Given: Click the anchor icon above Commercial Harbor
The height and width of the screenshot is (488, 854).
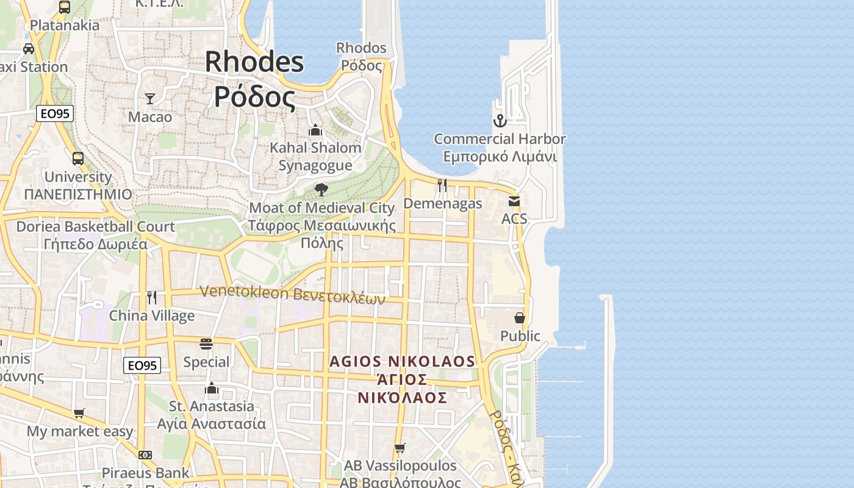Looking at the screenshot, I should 500,120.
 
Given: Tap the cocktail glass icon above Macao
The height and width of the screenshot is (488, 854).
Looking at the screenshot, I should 150,98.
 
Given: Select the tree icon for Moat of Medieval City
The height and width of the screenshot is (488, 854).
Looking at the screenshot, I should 321,190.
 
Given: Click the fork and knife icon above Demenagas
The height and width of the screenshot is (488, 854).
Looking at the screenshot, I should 442,185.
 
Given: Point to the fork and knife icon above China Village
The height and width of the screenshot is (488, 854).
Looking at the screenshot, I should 152,297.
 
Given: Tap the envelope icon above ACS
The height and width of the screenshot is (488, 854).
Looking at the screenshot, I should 514,201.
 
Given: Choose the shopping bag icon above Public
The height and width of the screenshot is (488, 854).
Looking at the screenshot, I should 520,318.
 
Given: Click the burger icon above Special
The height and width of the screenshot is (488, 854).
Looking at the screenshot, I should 206,344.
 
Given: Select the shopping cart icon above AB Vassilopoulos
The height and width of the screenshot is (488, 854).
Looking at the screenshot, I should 400,448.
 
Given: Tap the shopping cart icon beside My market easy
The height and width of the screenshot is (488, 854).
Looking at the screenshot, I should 79,414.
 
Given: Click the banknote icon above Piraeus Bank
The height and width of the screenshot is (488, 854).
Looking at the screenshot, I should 145,455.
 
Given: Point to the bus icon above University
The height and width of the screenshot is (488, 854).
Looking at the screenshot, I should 78,159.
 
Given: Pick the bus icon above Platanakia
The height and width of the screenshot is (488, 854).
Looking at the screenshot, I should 65,7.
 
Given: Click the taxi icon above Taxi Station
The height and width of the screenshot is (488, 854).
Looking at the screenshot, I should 29,48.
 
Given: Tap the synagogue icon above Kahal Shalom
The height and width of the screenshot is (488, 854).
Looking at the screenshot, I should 315,130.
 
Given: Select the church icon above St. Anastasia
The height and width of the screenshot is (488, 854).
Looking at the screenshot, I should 212,388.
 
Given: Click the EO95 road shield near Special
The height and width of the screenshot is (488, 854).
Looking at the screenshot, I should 142,365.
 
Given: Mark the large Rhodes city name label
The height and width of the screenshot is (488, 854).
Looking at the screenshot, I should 254,79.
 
